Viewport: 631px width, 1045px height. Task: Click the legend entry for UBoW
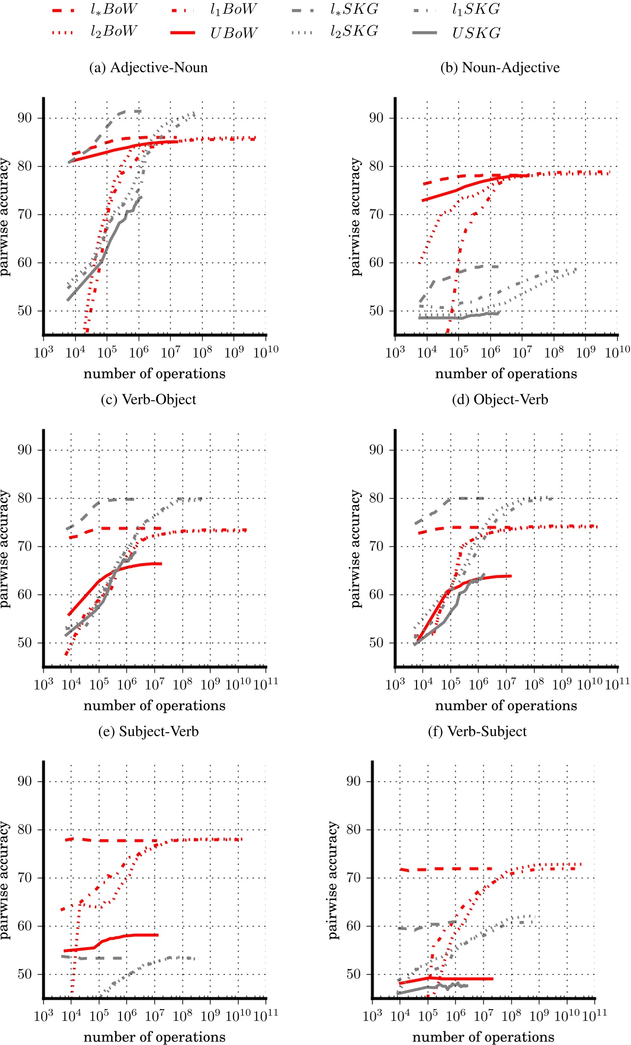point(233,33)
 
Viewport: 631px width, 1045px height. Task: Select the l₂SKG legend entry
point(354,31)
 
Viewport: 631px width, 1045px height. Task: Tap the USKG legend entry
point(476,33)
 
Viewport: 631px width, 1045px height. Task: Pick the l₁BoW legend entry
point(233,9)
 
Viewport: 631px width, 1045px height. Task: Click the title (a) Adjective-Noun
point(148,67)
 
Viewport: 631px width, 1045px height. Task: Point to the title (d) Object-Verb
point(500,399)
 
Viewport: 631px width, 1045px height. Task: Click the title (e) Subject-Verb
point(148,731)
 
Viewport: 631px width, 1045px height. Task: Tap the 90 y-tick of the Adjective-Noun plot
point(25,118)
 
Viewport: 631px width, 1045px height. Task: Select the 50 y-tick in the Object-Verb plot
point(376,643)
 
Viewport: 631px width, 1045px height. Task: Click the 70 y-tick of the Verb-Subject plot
point(353,877)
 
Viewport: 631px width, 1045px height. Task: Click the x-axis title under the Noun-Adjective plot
point(506,374)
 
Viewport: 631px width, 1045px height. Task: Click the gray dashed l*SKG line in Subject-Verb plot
point(98,958)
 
